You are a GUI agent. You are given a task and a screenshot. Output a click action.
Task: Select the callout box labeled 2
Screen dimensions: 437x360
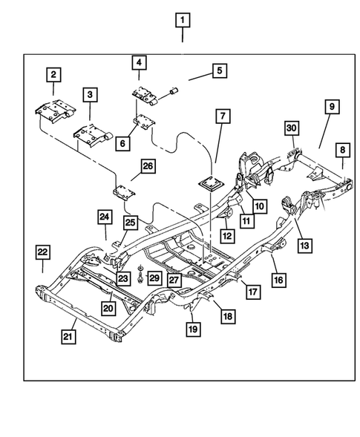pos(54,74)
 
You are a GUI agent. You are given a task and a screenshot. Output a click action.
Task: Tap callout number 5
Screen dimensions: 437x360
pos(219,70)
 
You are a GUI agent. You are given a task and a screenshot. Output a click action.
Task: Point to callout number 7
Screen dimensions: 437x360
pos(222,117)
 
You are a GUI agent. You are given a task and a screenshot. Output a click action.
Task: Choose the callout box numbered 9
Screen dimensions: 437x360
pos(331,108)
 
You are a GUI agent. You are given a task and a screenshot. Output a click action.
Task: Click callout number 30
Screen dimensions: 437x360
pos(292,128)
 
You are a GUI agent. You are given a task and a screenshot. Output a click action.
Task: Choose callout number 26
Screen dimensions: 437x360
pos(148,168)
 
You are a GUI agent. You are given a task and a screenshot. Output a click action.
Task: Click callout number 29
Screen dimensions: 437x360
pos(154,277)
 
